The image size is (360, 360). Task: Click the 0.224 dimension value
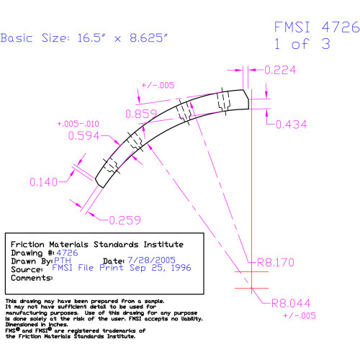(x=280, y=70)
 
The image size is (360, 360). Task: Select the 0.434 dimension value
(x=292, y=125)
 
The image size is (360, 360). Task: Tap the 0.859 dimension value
(x=141, y=114)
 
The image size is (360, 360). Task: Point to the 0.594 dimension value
(x=84, y=135)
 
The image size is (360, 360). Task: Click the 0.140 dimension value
(x=43, y=182)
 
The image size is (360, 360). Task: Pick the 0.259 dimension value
(x=125, y=220)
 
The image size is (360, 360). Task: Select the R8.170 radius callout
(x=276, y=262)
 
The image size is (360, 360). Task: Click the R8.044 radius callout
(x=291, y=303)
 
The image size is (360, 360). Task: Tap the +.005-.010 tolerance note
(x=78, y=124)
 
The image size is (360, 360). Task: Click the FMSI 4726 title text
(x=317, y=27)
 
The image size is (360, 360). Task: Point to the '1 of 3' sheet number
(x=302, y=44)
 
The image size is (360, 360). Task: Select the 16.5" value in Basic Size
(x=91, y=38)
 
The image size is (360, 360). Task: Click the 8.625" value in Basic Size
(x=148, y=37)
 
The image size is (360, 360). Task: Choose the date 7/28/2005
(x=151, y=260)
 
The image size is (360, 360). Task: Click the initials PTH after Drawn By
(x=63, y=261)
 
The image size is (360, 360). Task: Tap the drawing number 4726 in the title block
(x=67, y=253)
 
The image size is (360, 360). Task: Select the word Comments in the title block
(x=31, y=278)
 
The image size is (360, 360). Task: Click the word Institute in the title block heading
(x=163, y=244)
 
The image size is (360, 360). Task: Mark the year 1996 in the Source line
(x=181, y=268)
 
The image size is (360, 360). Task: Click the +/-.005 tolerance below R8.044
(x=300, y=315)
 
